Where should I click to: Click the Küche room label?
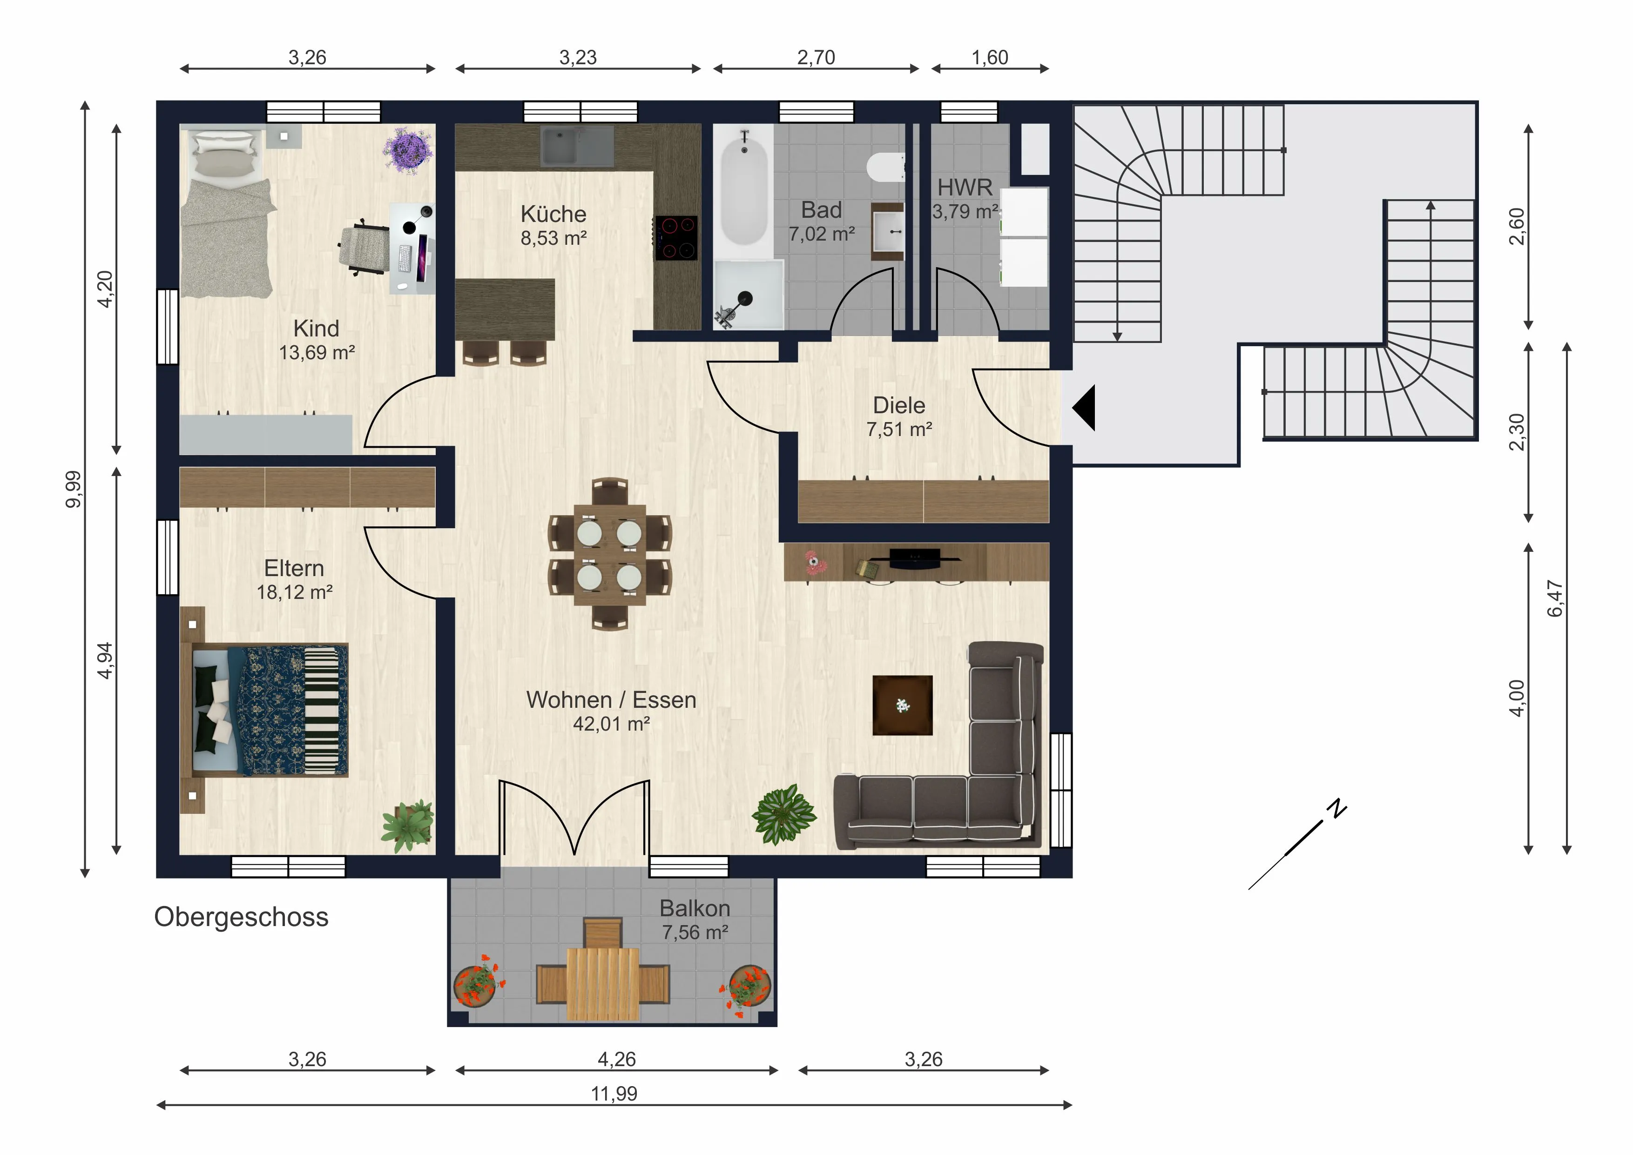(553, 214)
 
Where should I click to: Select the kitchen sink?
(577, 147)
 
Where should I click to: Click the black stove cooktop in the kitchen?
(675, 237)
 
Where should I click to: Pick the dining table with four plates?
(609, 554)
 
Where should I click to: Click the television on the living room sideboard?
(915, 558)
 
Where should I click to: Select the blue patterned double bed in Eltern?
(270, 710)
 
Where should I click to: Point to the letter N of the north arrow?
(1338, 809)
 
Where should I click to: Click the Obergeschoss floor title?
(241, 918)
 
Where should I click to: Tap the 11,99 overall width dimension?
(614, 1093)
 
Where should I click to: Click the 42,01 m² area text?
(612, 724)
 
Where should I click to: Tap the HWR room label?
(965, 187)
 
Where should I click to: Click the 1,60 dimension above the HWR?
(990, 58)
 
